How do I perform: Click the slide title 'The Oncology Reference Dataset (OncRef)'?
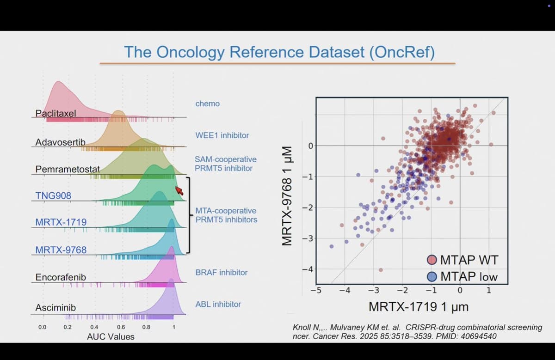coord(279,52)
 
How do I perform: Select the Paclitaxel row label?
coord(55,113)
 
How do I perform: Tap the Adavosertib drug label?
coord(60,142)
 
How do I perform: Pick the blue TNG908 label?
coord(53,196)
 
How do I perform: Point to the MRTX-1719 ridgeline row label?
coord(61,222)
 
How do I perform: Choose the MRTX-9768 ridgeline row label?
coord(61,250)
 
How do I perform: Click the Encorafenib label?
coord(60,277)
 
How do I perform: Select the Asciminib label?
coord(55,307)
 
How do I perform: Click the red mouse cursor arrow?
coord(179,190)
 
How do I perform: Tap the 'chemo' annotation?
coord(207,104)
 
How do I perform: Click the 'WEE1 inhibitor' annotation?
coord(222,135)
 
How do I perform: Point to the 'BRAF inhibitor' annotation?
coord(221,272)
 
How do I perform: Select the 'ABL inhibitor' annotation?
coord(218,304)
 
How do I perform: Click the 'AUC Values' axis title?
coord(111,336)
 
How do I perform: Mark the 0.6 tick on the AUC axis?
coord(120,327)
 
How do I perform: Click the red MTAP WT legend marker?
coord(432,260)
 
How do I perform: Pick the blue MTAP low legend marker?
coord(432,276)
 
